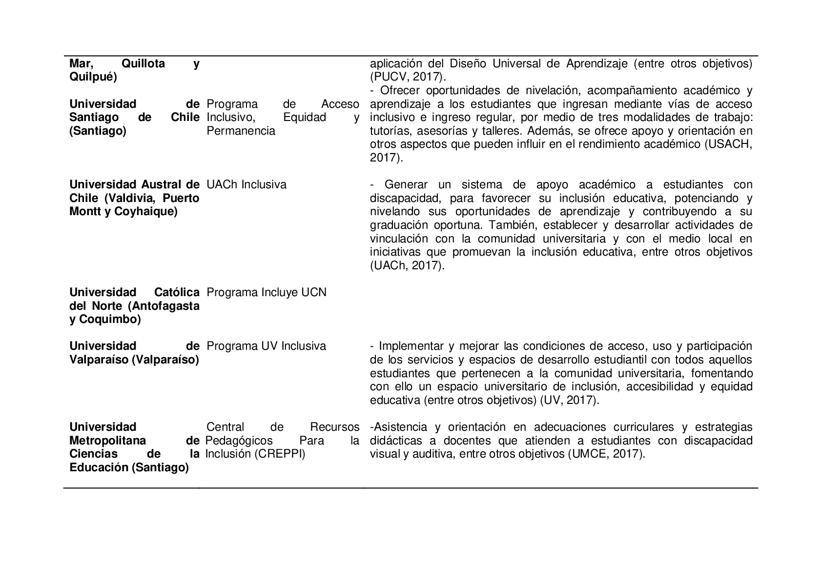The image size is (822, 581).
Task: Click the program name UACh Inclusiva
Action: click(246, 185)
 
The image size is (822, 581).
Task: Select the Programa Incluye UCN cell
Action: click(267, 293)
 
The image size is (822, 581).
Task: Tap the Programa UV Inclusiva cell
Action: click(266, 346)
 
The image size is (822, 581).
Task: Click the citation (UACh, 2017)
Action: click(408, 266)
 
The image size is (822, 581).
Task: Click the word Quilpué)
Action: click(93, 77)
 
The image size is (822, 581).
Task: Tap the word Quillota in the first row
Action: click(143, 64)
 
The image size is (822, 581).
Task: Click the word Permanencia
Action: click(241, 131)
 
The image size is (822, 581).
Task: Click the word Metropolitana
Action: click(108, 441)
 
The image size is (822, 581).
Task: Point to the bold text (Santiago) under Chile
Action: click(98, 131)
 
